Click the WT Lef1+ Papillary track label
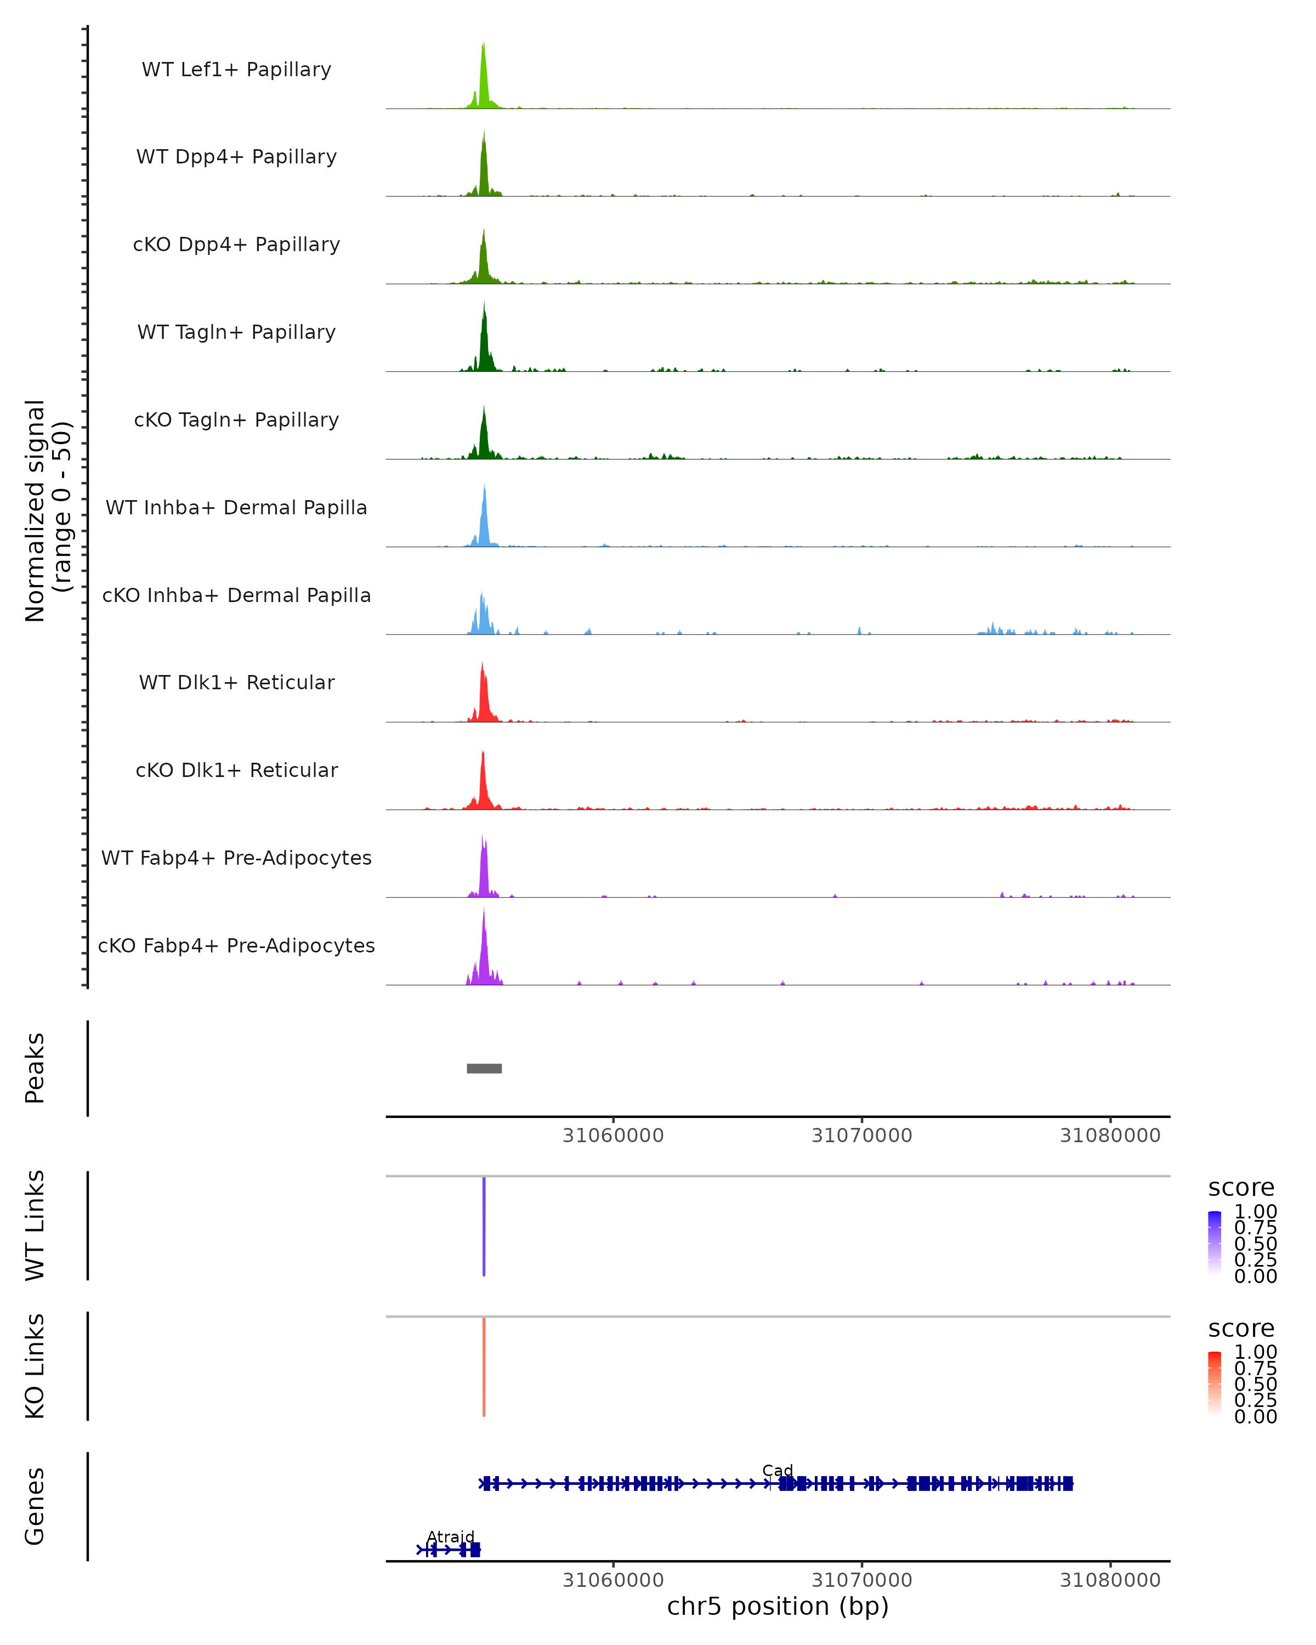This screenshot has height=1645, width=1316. click(x=236, y=70)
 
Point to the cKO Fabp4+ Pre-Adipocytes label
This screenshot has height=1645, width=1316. click(x=236, y=945)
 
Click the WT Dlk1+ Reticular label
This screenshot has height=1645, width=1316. click(x=236, y=682)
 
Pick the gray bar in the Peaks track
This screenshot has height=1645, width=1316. click(x=484, y=1068)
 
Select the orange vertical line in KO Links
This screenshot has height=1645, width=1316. click(x=484, y=1366)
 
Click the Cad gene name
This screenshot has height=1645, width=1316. click(x=778, y=1470)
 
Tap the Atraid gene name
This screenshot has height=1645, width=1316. click(x=450, y=1536)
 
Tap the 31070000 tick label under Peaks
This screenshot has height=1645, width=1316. click(x=861, y=1136)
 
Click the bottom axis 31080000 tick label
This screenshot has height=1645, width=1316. click(x=1110, y=1580)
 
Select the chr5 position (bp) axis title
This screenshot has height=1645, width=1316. click(x=778, y=1607)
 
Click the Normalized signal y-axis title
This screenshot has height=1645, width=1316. click(x=47, y=510)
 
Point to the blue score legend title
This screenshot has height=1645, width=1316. click(x=1241, y=1187)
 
